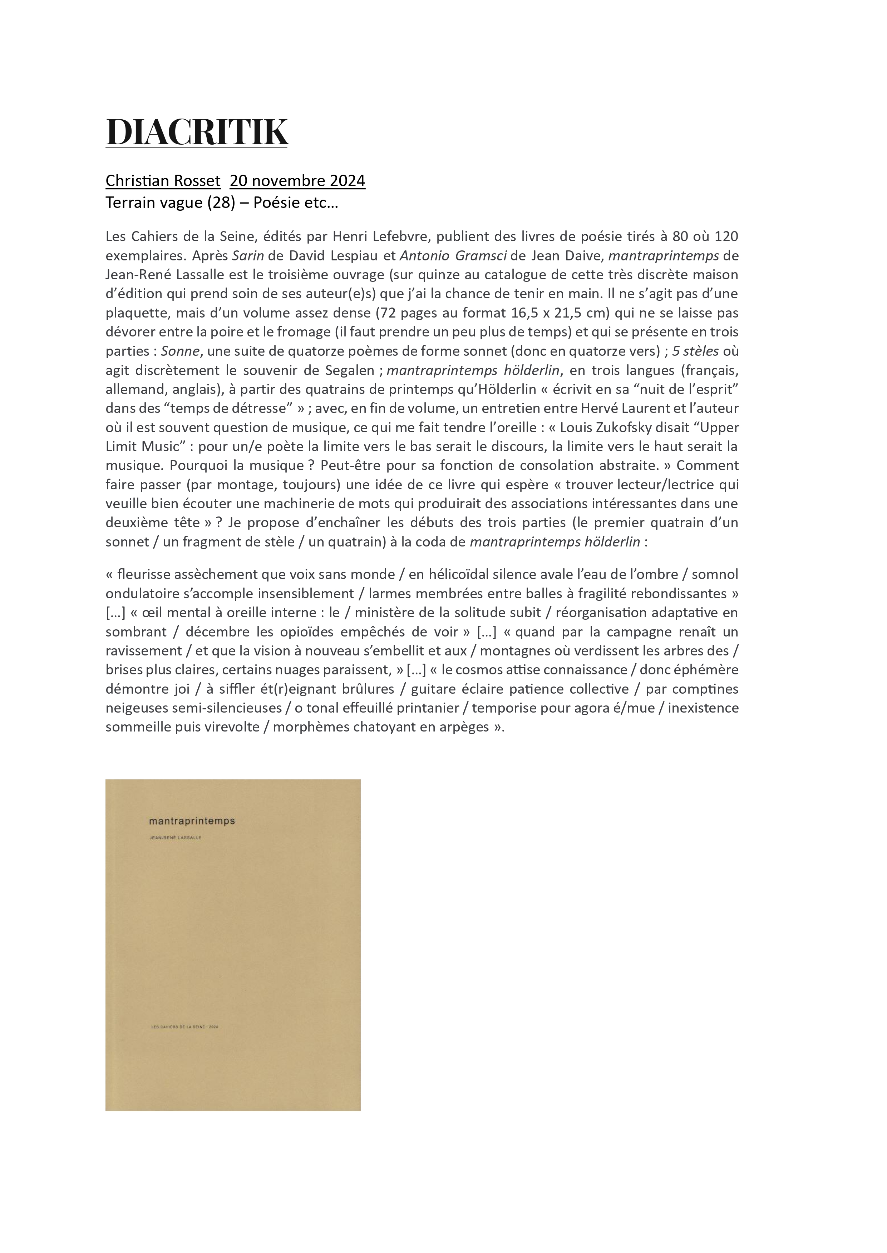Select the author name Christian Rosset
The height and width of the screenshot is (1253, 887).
click(163, 181)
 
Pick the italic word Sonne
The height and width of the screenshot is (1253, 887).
click(180, 351)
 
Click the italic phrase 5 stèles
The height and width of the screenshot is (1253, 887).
click(695, 351)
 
